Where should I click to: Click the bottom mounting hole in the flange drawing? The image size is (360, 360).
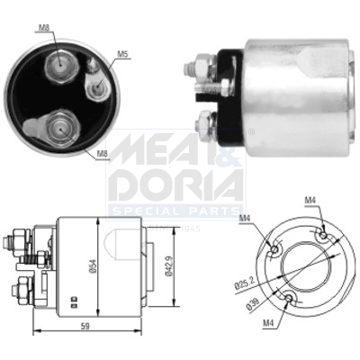click(290, 299)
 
